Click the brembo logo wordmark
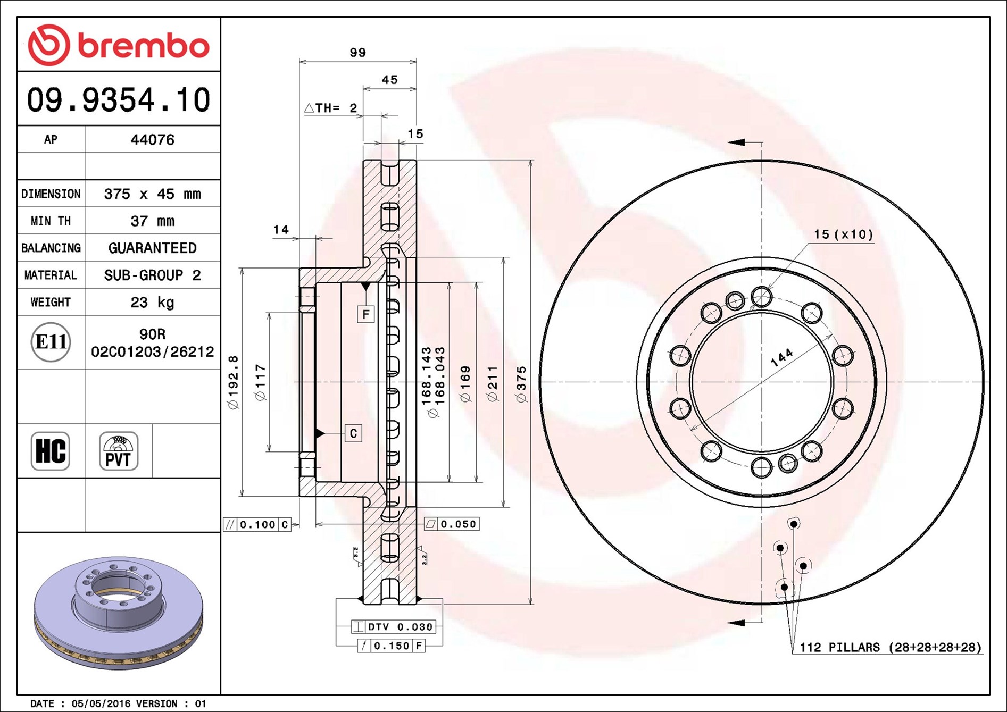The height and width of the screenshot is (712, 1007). (x=144, y=46)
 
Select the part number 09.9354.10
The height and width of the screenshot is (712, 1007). (x=119, y=99)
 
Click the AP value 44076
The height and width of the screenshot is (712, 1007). (x=153, y=139)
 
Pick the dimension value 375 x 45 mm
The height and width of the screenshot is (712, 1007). (x=153, y=194)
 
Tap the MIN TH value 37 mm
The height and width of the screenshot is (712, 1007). (x=153, y=221)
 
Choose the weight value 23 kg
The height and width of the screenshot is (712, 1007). (x=153, y=302)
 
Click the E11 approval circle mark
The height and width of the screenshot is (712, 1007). (x=51, y=342)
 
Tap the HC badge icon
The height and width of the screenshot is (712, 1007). (x=51, y=451)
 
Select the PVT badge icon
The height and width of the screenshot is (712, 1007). (x=119, y=451)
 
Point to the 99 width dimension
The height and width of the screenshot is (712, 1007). (x=358, y=53)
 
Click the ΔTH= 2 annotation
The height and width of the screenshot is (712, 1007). (x=331, y=108)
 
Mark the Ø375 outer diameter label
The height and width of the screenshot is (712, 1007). (x=521, y=384)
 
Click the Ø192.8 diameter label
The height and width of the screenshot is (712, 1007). (x=233, y=382)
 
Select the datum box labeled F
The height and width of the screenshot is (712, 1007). (x=366, y=314)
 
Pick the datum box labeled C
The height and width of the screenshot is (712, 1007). (x=353, y=433)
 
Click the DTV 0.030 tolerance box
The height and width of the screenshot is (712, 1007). (x=394, y=627)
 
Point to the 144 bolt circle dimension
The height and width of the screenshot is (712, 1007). (x=782, y=357)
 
